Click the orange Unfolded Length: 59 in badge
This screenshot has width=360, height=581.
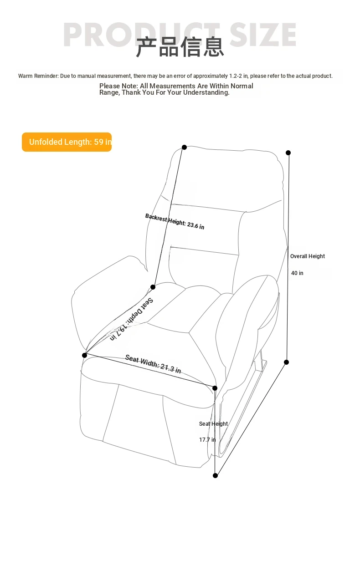click(x=67, y=142)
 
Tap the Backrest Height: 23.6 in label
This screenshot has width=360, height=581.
click(x=175, y=221)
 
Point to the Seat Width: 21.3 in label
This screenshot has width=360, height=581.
click(x=153, y=363)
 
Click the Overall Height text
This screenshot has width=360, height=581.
click(x=307, y=256)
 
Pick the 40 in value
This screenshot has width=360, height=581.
click(x=297, y=273)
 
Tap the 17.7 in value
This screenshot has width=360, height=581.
click(x=207, y=439)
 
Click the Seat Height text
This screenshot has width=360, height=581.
click(x=213, y=423)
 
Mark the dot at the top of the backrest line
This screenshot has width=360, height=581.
click(x=184, y=148)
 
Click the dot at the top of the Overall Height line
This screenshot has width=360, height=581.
click(x=288, y=153)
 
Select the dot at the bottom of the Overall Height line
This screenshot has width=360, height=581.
click(x=286, y=362)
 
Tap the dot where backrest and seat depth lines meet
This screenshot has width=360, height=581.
click(x=153, y=287)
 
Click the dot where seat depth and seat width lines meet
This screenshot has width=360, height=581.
click(x=84, y=355)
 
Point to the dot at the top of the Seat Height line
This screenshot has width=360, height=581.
click(x=215, y=388)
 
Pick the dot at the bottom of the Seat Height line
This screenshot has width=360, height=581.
click(x=215, y=475)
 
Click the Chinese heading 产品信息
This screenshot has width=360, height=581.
click(x=180, y=47)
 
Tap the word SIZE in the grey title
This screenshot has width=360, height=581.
click(x=263, y=35)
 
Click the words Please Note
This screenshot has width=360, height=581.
click(x=118, y=86)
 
